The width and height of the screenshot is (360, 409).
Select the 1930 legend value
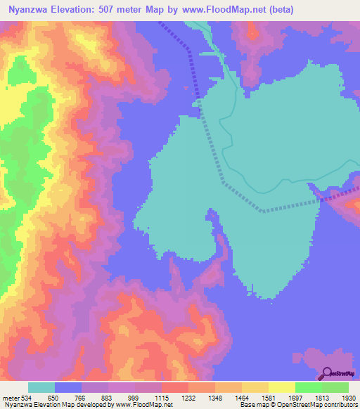[x=338, y=397]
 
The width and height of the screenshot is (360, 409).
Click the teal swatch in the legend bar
[x=41, y=387]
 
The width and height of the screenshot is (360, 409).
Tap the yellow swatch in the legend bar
[x=282, y=387]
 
